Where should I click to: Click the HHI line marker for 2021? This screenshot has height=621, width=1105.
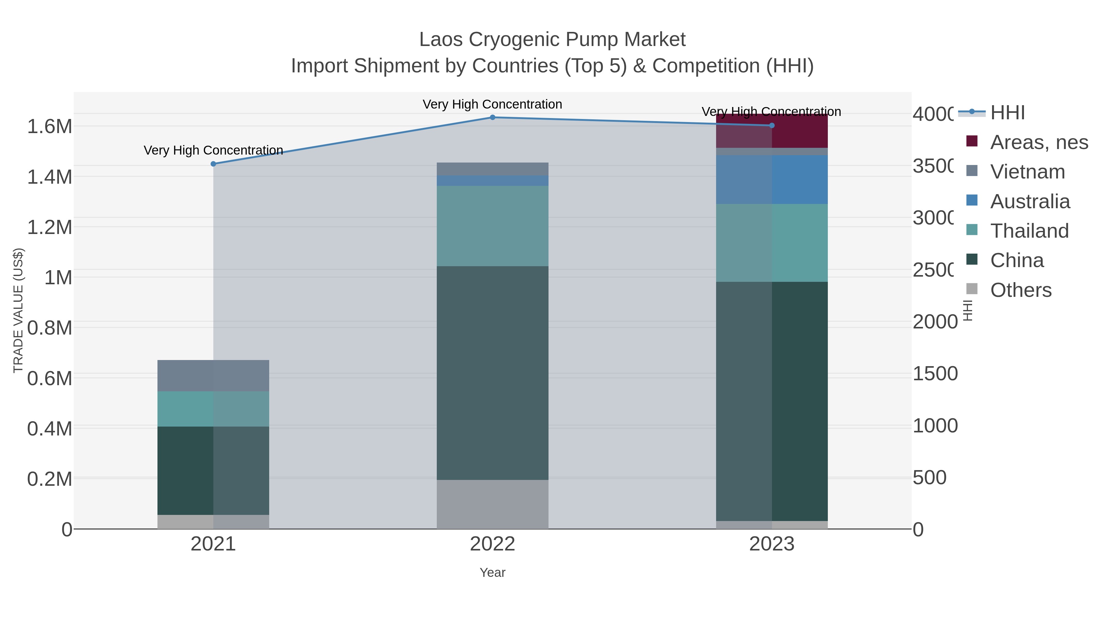[x=213, y=164]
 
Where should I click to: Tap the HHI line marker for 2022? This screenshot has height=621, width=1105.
[x=492, y=117]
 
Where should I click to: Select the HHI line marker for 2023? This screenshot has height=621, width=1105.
[x=772, y=125]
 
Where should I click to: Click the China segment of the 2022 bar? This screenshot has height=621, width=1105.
[x=492, y=373]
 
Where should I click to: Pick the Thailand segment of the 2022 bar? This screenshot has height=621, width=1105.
[x=492, y=226]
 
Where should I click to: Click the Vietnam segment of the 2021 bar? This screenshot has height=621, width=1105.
[x=213, y=375]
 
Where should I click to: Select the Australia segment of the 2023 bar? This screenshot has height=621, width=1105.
[x=772, y=180]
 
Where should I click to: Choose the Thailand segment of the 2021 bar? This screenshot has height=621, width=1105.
[x=213, y=409]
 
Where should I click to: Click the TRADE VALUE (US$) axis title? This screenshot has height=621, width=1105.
[x=18, y=310]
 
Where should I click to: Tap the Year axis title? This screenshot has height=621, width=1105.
[x=492, y=573]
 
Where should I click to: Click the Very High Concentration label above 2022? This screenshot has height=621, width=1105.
[x=492, y=104]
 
